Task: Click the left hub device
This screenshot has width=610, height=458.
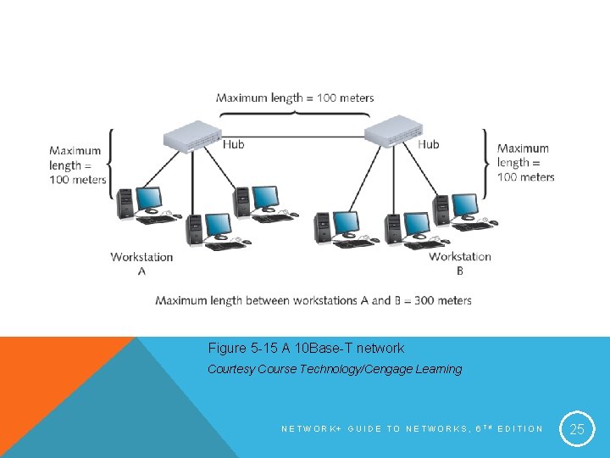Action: tap(191, 134)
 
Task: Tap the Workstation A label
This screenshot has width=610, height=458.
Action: tap(141, 264)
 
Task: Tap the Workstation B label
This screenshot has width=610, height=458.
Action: tap(460, 263)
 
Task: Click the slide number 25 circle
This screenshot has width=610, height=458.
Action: tap(577, 429)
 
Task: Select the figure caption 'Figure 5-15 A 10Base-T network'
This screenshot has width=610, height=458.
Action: tap(306, 348)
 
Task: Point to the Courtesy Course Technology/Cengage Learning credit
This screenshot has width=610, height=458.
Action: tap(335, 369)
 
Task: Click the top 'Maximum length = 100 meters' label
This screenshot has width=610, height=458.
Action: tap(295, 98)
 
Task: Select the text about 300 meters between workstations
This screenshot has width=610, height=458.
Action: tap(313, 300)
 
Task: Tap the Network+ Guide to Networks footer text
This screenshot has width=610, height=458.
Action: tap(412, 429)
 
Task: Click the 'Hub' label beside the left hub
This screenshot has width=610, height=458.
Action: tap(233, 144)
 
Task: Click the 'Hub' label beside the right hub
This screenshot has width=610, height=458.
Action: tap(429, 144)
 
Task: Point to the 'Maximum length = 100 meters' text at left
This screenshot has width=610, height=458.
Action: tap(78, 165)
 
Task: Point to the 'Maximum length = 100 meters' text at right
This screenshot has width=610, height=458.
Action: tap(525, 163)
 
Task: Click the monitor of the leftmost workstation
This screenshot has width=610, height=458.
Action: tap(149, 198)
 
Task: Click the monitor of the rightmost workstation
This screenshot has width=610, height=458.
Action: tap(464, 205)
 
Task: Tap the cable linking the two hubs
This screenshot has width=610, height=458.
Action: tap(292, 127)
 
